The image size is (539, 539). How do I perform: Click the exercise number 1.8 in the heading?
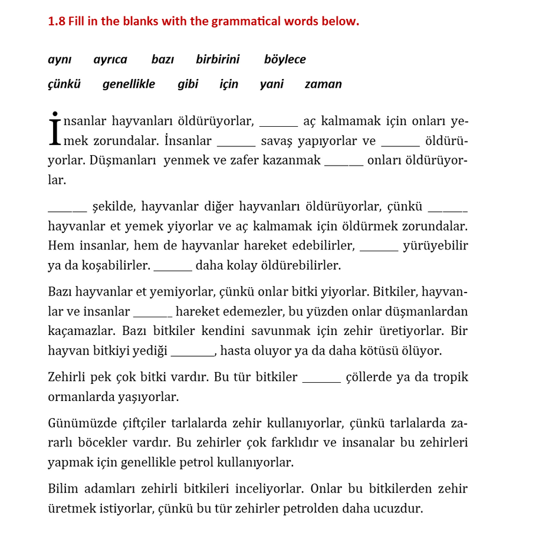point(57,22)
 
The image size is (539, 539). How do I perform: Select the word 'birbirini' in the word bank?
point(218,60)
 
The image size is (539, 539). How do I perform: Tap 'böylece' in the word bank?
point(285,60)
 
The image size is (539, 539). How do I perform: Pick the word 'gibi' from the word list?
point(188,84)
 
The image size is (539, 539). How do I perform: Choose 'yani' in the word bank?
point(271,84)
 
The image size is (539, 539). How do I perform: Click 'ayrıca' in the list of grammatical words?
point(110,60)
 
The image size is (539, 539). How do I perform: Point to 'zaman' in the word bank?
point(323,84)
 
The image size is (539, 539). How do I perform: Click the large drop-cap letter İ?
point(54,129)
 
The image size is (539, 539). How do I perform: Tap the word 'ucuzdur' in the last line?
point(400,508)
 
